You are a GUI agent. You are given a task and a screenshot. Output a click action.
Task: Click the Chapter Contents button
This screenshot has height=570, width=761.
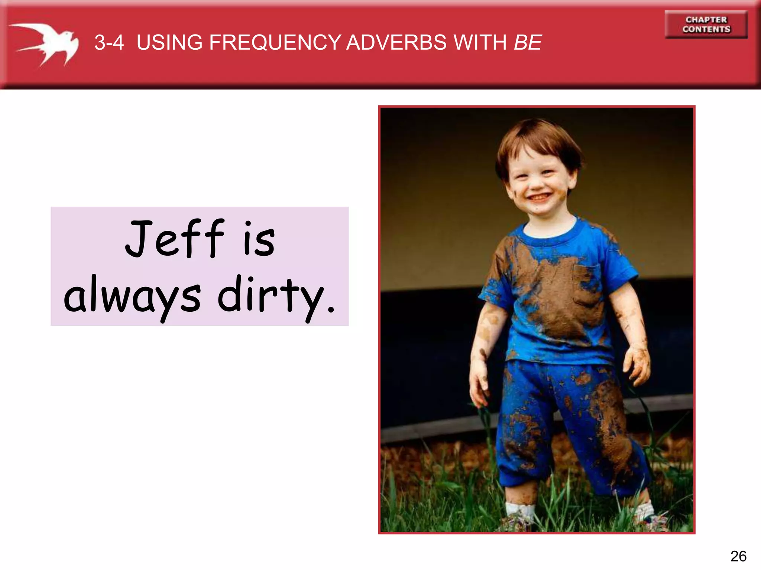(706, 24)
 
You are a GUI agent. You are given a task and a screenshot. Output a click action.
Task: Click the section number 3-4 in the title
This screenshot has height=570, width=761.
(109, 42)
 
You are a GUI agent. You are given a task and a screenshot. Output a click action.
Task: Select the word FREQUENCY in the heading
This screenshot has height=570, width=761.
(275, 42)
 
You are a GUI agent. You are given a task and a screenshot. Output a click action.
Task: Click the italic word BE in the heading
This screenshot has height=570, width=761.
(528, 42)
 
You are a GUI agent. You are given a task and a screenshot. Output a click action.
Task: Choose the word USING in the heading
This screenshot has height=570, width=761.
(169, 42)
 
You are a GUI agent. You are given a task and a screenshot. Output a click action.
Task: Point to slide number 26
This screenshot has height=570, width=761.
(738, 556)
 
